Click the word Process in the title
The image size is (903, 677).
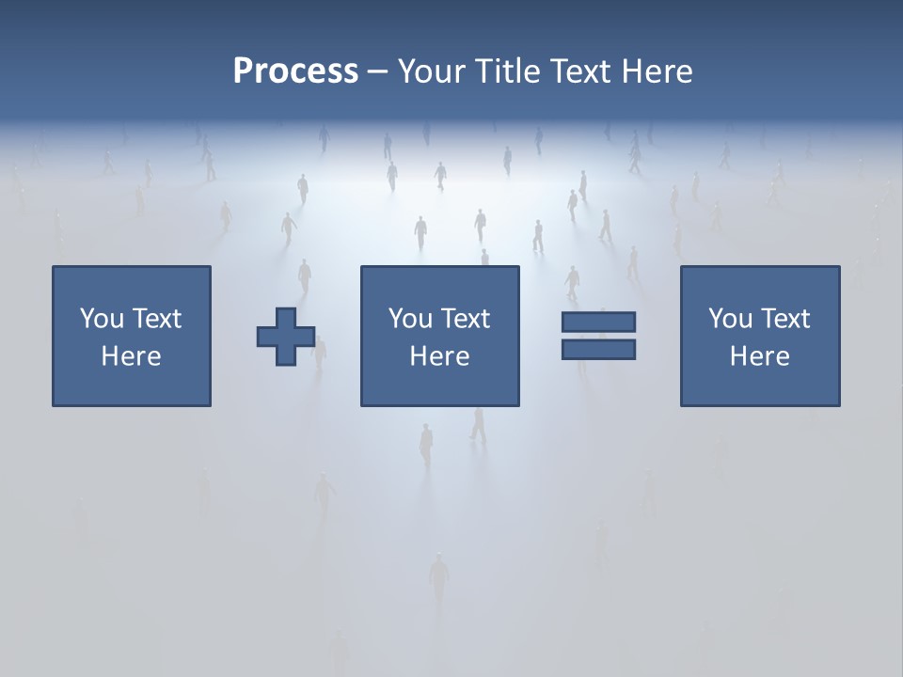point(295,71)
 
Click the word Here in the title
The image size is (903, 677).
point(659,71)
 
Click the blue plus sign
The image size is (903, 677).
point(286,337)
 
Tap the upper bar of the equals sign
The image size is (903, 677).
point(598,322)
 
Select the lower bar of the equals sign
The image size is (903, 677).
point(598,349)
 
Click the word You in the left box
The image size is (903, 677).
point(102,319)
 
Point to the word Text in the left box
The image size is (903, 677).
point(156,319)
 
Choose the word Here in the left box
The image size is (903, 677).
point(131,356)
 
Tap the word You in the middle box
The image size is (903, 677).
point(410,319)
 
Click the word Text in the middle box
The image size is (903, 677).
point(465,319)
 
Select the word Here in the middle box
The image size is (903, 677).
point(439,356)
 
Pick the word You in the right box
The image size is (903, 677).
point(730,319)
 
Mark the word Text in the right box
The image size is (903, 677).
point(784,319)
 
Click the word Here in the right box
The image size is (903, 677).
point(759,356)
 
